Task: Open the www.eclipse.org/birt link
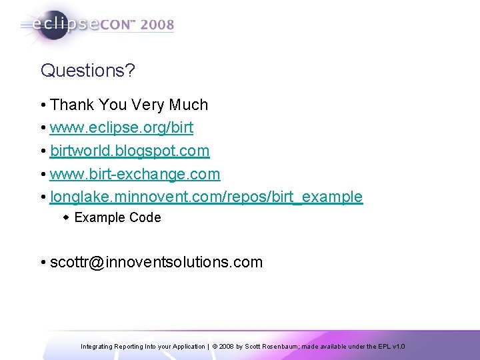pos(122,128)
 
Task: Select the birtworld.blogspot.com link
pos(130,151)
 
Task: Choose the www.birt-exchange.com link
pos(135,174)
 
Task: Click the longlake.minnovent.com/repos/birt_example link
pos(207,197)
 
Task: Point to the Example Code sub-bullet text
pos(117,218)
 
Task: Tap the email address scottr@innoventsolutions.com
pos(157,263)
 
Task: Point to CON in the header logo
pos(119,25)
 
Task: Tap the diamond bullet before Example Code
pos(66,218)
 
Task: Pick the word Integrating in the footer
pos(96,347)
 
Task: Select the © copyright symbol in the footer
pos(215,347)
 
